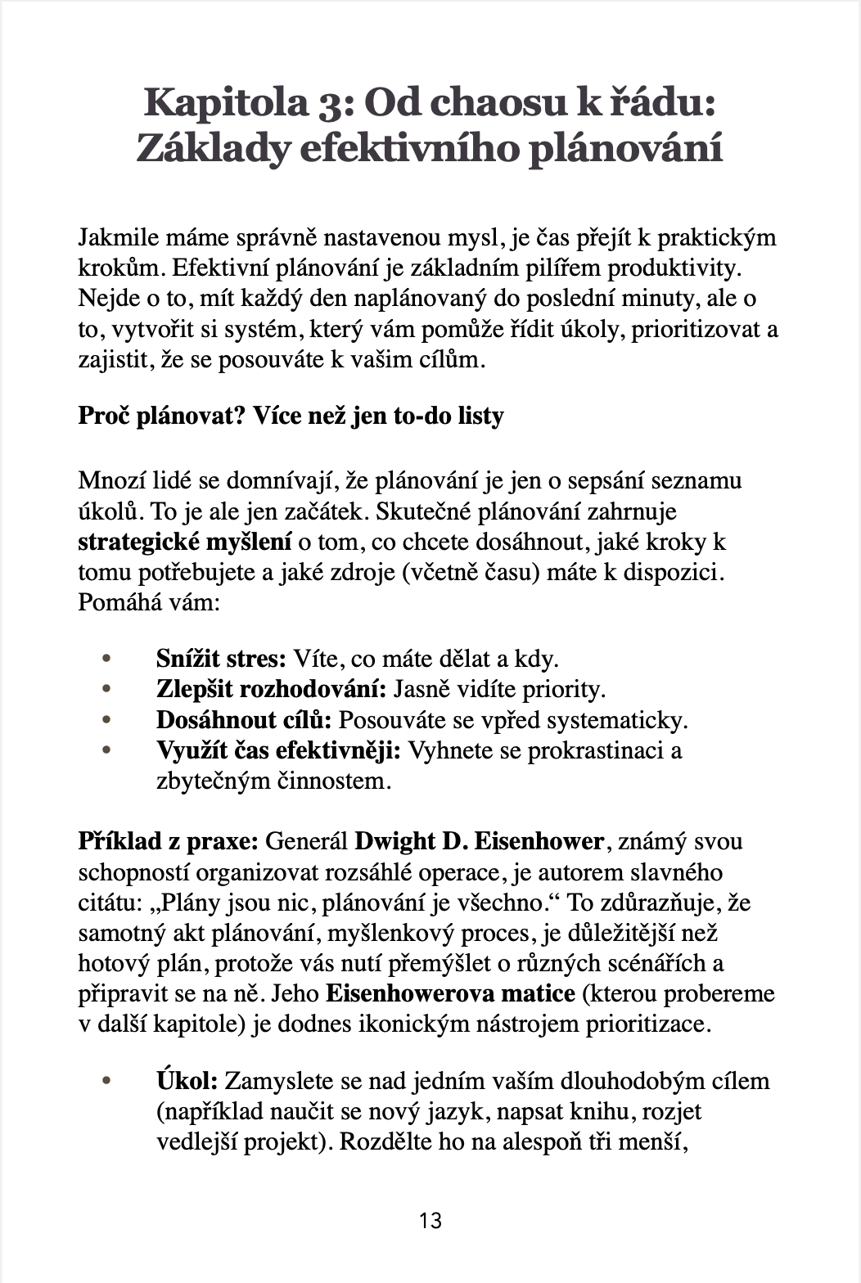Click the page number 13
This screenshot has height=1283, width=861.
(x=430, y=1221)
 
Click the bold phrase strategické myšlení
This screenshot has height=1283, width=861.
(x=185, y=542)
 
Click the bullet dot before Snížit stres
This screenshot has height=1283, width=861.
(x=105, y=659)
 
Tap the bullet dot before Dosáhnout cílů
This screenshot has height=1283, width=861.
(x=105, y=720)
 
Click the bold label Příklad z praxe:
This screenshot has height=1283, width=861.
(x=169, y=841)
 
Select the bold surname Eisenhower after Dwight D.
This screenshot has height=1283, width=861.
(x=539, y=841)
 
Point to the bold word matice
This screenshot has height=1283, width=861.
(x=537, y=993)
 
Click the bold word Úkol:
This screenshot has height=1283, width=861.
(x=187, y=1081)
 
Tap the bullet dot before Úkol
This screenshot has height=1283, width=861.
(x=105, y=1081)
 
